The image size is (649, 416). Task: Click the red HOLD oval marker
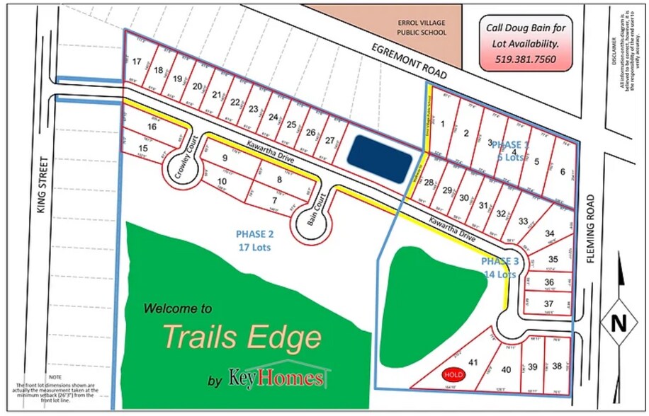click(x=453, y=374)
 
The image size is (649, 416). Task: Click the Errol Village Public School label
click(x=422, y=28)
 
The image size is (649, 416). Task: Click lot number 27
click(x=329, y=139)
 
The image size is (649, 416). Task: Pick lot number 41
click(x=473, y=362)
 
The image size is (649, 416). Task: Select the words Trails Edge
click(x=242, y=337)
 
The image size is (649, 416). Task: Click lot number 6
click(x=562, y=171)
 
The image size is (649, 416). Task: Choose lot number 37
click(x=548, y=304)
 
